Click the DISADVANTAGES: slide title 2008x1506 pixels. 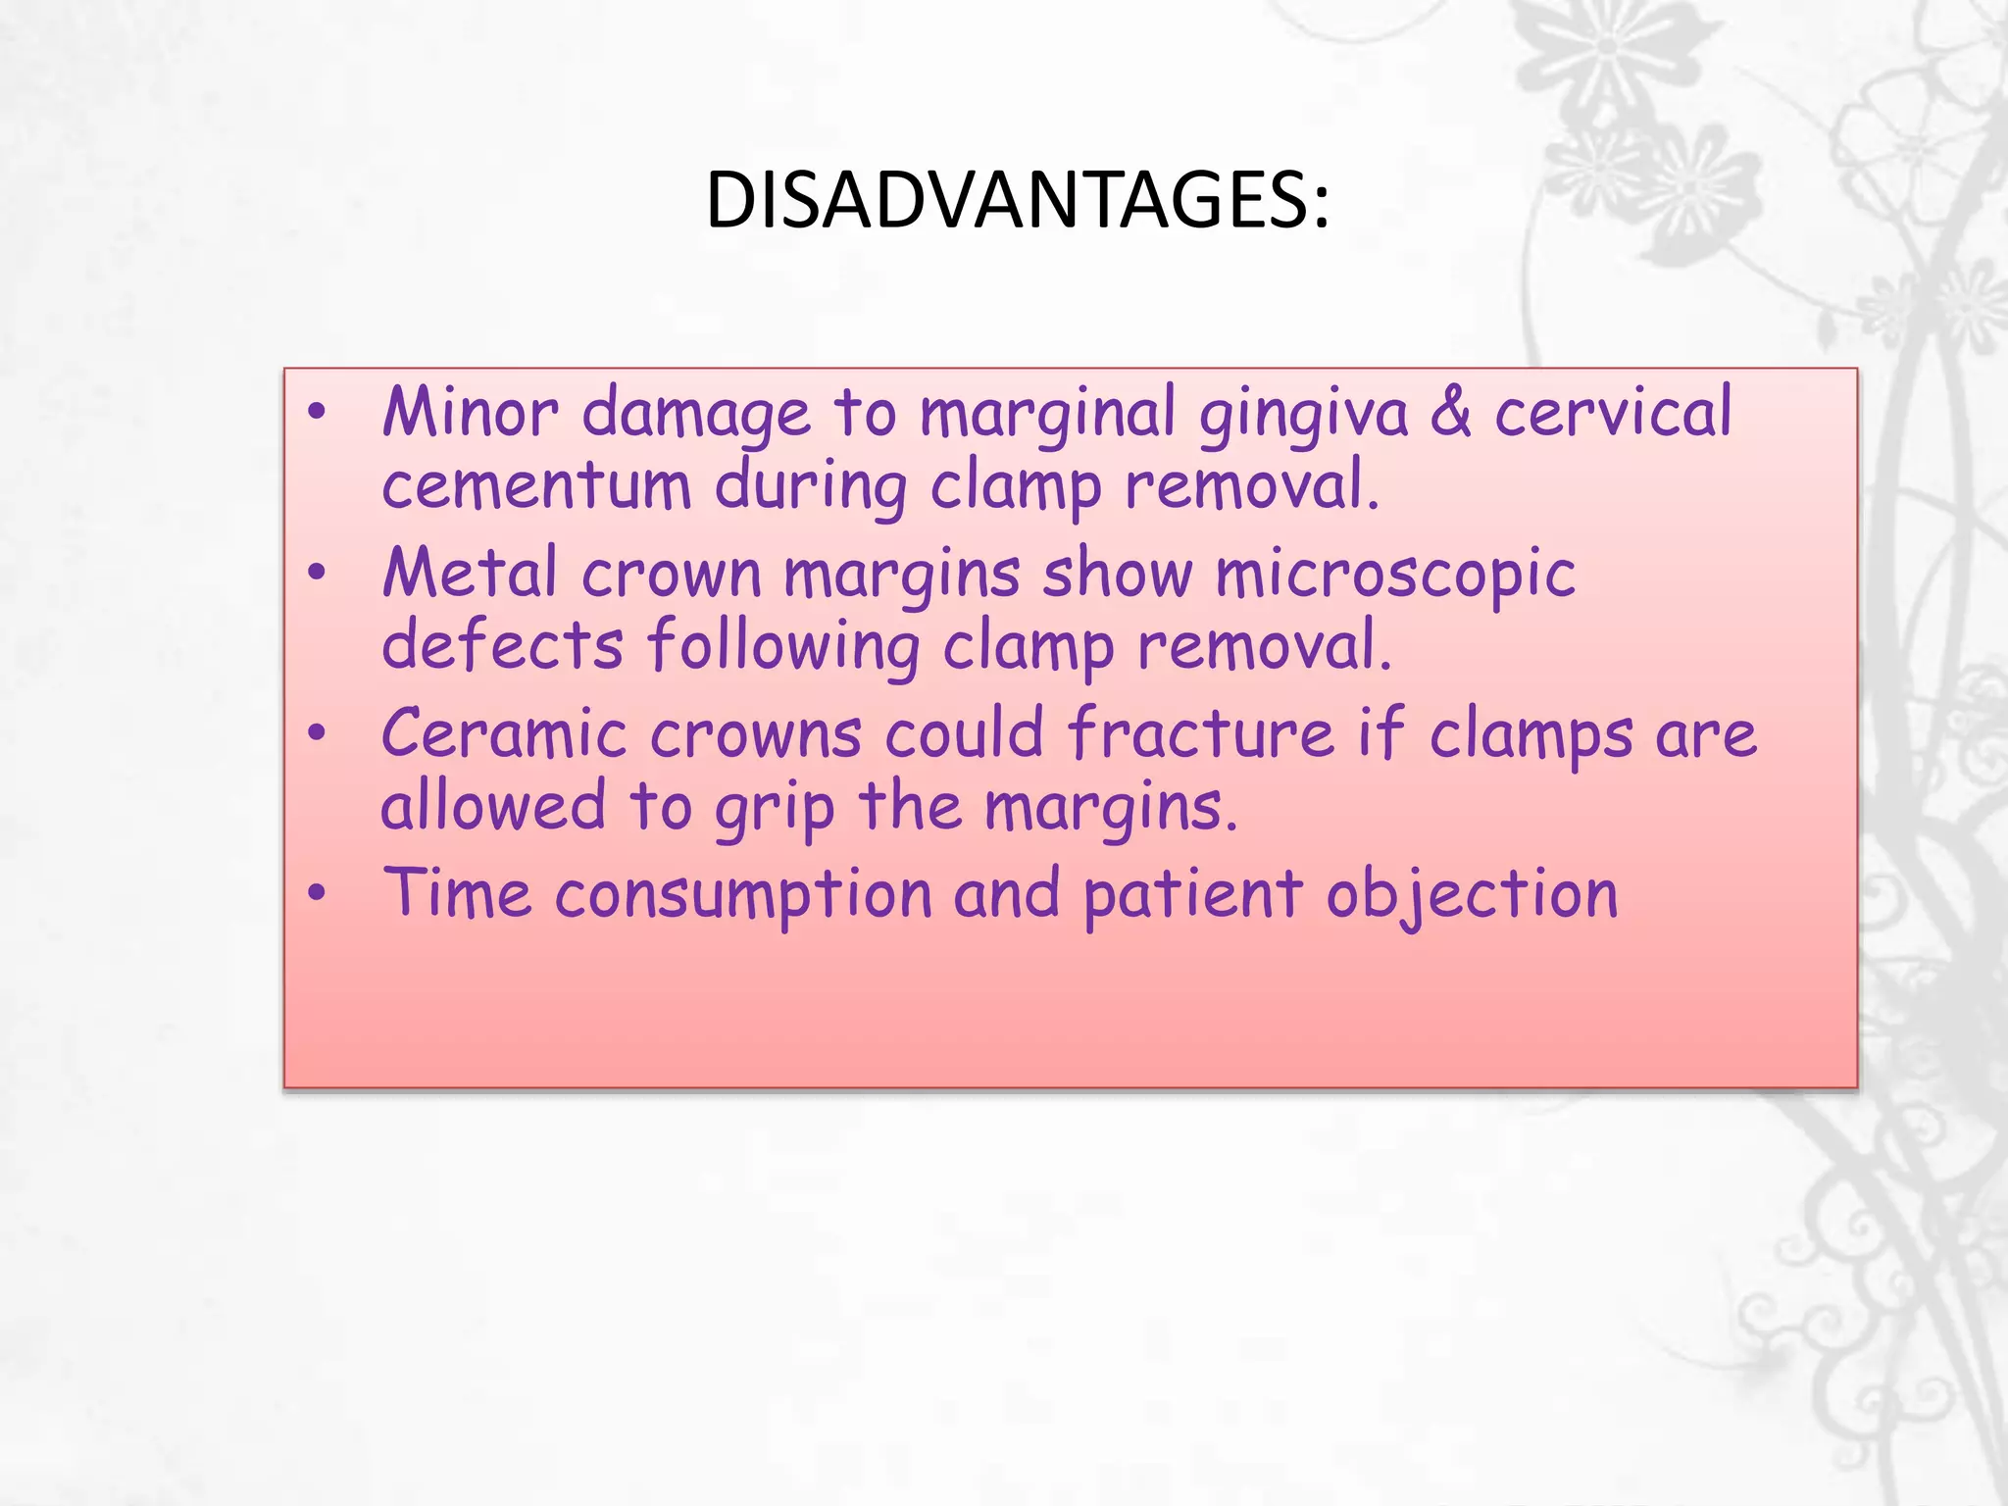1017,200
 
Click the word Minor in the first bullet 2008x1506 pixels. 470,412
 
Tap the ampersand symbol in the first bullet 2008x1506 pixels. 1450,412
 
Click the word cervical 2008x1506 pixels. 1613,412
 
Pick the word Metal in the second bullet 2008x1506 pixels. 470,573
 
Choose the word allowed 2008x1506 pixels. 493,806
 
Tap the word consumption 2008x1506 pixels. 743,896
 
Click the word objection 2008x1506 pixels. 1472,896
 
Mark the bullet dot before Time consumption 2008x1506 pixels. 316,893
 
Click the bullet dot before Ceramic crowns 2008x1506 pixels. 316,732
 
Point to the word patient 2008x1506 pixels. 1192,896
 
